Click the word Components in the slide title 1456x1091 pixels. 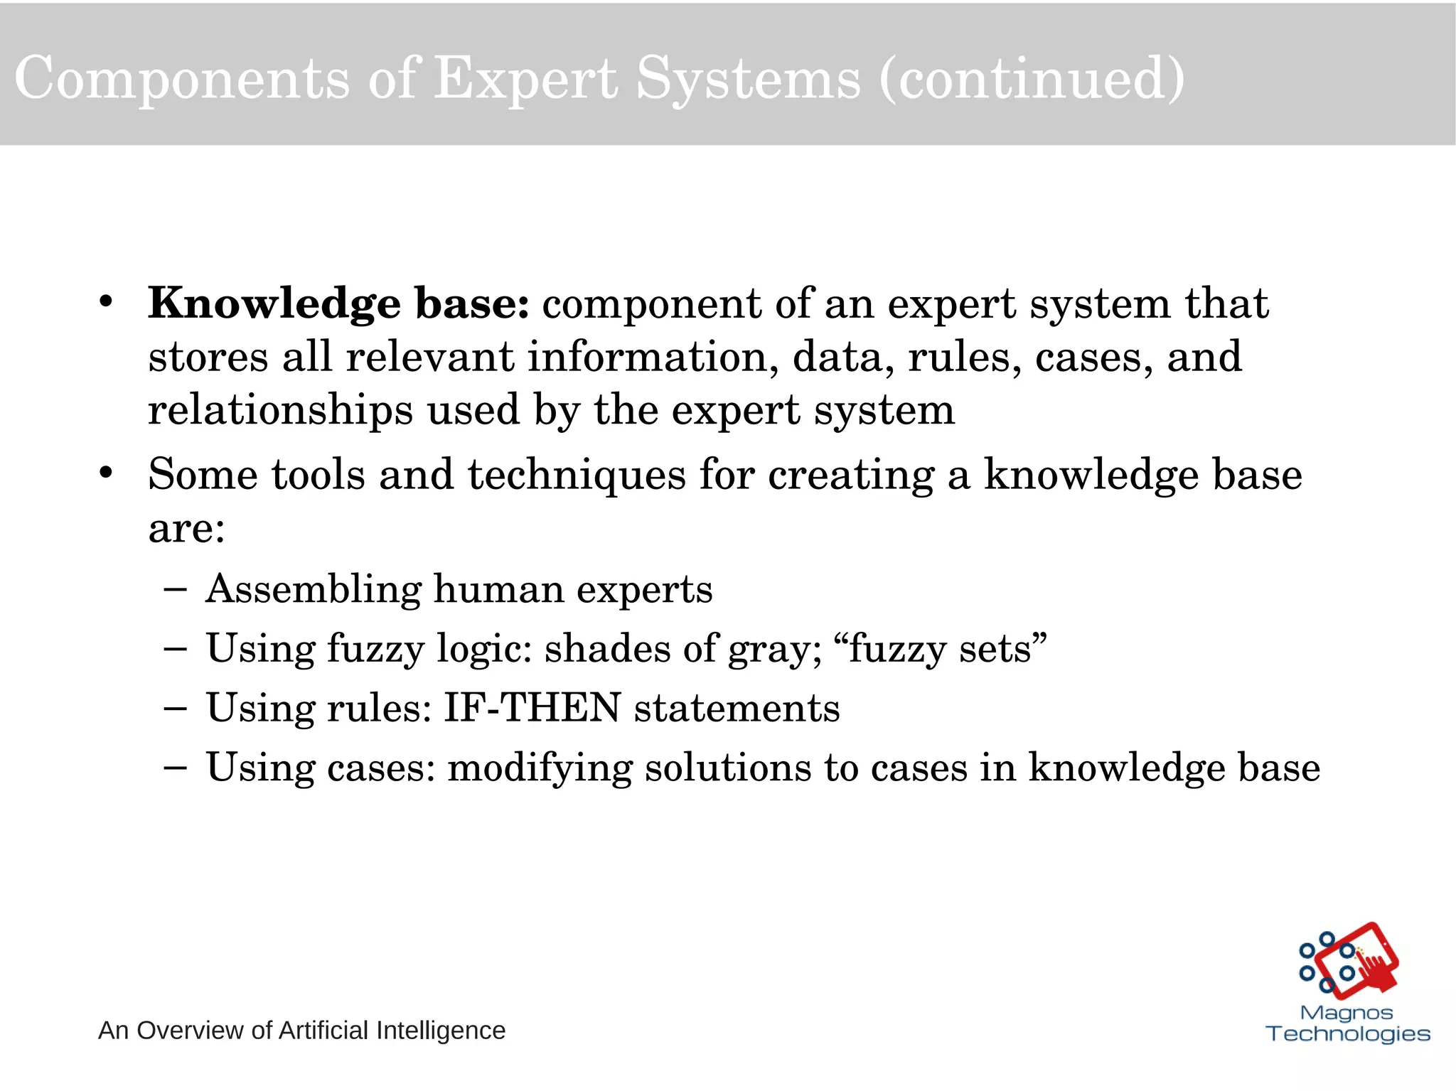click(x=181, y=78)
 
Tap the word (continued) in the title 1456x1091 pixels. click(x=1032, y=78)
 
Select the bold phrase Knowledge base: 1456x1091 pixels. click(x=338, y=303)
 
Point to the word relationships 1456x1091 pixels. click(x=280, y=410)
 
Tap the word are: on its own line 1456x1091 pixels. click(x=186, y=528)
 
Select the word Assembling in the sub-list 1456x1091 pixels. click(x=314, y=589)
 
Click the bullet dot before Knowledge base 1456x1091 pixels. click(x=106, y=301)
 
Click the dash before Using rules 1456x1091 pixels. click(x=175, y=708)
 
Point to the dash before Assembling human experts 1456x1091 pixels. click(x=175, y=589)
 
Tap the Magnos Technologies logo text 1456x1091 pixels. click(x=1347, y=1023)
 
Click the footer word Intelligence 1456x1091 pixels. click(x=441, y=1031)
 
